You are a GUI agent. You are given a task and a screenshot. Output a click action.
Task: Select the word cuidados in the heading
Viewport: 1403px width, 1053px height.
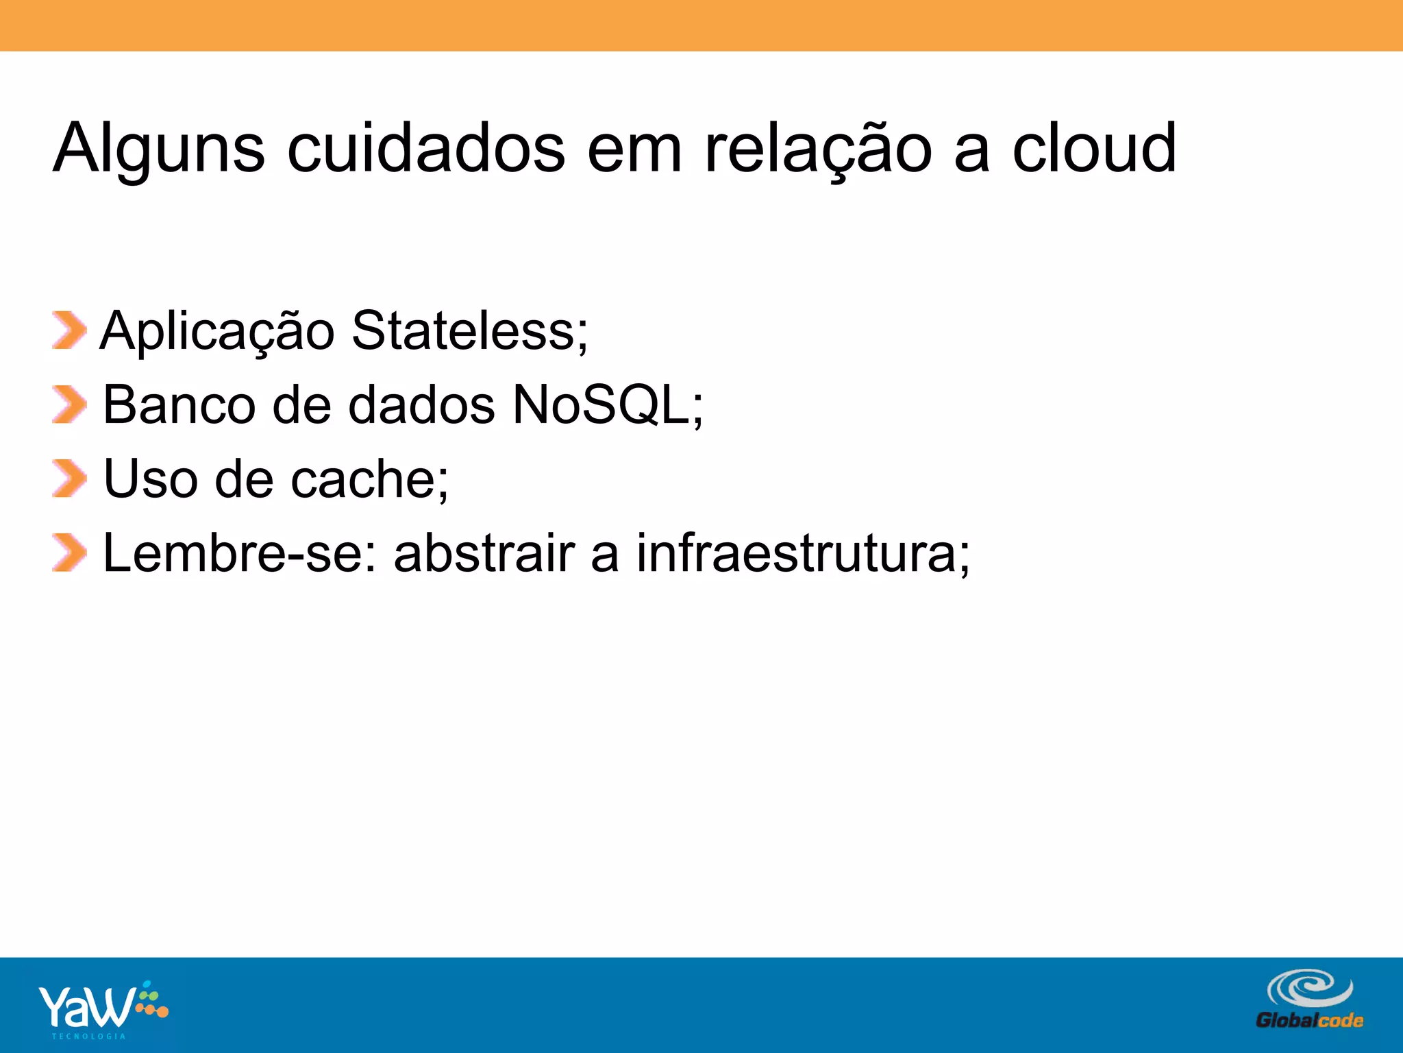click(426, 149)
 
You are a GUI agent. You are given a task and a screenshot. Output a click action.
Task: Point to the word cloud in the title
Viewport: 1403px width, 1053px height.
click(1094, 149)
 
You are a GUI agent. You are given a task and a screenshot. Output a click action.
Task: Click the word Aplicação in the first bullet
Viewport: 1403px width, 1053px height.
click(217, 332)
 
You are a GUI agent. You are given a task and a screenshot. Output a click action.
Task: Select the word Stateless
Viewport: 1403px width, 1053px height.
click(469, 330)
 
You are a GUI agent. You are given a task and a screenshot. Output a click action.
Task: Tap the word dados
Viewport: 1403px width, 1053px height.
click(421, 405)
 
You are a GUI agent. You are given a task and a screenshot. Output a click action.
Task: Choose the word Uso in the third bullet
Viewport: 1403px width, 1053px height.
click(151, 479)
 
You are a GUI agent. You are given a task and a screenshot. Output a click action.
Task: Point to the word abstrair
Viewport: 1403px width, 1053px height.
click(484, 553)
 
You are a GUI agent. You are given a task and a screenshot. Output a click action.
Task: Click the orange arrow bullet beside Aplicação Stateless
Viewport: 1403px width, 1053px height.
click(69, 330)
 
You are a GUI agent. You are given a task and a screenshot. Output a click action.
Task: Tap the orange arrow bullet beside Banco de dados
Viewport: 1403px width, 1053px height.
click(69, 404)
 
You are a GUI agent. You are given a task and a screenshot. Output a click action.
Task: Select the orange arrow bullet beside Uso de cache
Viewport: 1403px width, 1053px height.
click(69, 479)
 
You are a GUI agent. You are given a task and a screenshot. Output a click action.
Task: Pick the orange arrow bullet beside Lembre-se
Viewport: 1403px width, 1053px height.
click(69, 553)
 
